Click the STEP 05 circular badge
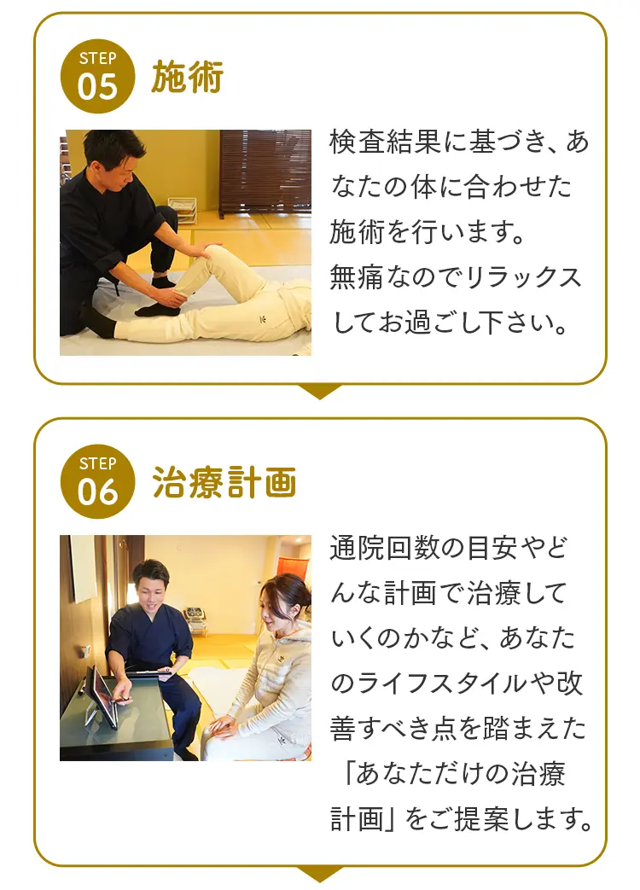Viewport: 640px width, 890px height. pos(97,77)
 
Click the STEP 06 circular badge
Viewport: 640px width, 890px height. pos(97,481)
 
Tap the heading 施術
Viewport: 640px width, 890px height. pos(187,78)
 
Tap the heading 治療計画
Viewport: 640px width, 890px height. pos(224,482)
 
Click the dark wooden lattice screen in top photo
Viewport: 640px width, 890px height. pos(265,171)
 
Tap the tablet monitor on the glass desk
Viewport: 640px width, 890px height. pos(102,695)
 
